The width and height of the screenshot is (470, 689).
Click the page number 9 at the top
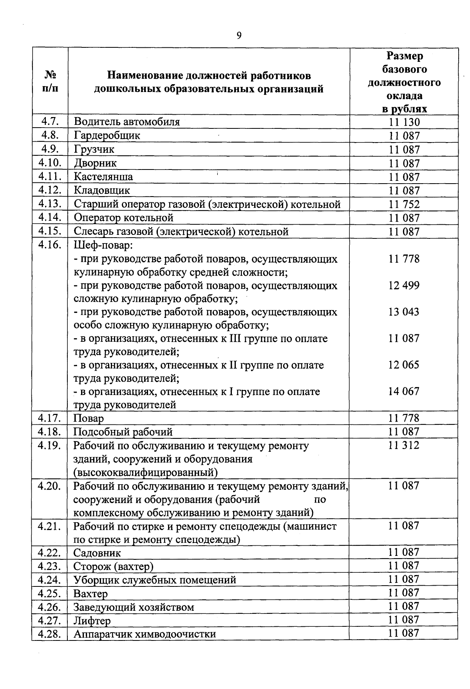pyautogui.click(x=239, y=36)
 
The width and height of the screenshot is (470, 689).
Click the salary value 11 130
pyautogui.click(x=404, y=122)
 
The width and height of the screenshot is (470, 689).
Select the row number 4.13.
pyautogui.click(x=50, y=204)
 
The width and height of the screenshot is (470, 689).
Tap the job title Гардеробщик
pyautogui.click(x=107, y=135)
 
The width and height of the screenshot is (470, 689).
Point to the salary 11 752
pyautogui.click(x=404, y=204)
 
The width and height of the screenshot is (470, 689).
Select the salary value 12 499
pyautogui.click(x=404, y=285)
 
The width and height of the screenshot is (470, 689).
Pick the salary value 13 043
pyautogui.click(x=404, y=312)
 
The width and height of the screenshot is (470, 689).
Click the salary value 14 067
pyautogui.click(x=404, y=391)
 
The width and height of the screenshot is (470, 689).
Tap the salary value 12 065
pyautogui.click(x=404, y=365)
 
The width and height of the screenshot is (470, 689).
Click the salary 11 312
pyautogui.click(x=404, y=445)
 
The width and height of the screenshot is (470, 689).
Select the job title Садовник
pyautogui.click(x=97, y=553)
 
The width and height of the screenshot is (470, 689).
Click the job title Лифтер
pyautogui.click(x=92, y=620)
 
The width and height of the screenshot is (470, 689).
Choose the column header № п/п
pyautogui.click(x=50, y=81)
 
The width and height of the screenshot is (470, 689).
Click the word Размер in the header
pyautogui.click(x=405, y=56)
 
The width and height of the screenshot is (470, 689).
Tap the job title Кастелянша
pyautogui.click(x=103, y=177)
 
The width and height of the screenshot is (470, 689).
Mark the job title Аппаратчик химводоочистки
pyautogui.click(x=145, y=634)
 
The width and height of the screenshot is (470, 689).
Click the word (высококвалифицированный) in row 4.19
pyautogui.click(x=145, y=472)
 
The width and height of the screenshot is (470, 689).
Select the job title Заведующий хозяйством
pyautogui.click(x=134, y=607)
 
